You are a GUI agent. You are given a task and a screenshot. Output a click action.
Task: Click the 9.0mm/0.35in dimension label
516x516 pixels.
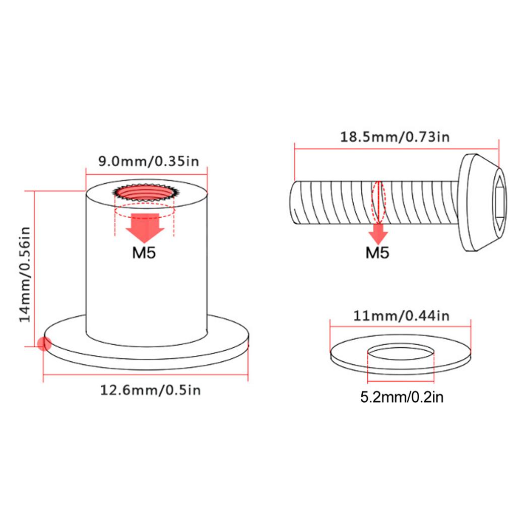(147, 162)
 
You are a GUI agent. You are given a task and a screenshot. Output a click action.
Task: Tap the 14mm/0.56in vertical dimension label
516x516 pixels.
(25, 273)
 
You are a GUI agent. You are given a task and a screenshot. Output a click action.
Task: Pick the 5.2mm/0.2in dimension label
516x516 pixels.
(402, 398)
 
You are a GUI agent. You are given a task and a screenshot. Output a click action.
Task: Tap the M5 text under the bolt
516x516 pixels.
(377, 252)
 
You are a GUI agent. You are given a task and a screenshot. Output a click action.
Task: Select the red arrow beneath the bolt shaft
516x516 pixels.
(377, 232)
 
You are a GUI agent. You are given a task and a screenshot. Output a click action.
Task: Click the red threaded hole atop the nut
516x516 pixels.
(145, 193)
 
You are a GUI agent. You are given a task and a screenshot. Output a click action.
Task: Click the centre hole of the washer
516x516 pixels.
(401, 356)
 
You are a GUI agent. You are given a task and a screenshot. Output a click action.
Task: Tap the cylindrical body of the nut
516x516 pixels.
(146, 282)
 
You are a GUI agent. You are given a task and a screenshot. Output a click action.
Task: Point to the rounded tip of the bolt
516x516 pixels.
(294, 203)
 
